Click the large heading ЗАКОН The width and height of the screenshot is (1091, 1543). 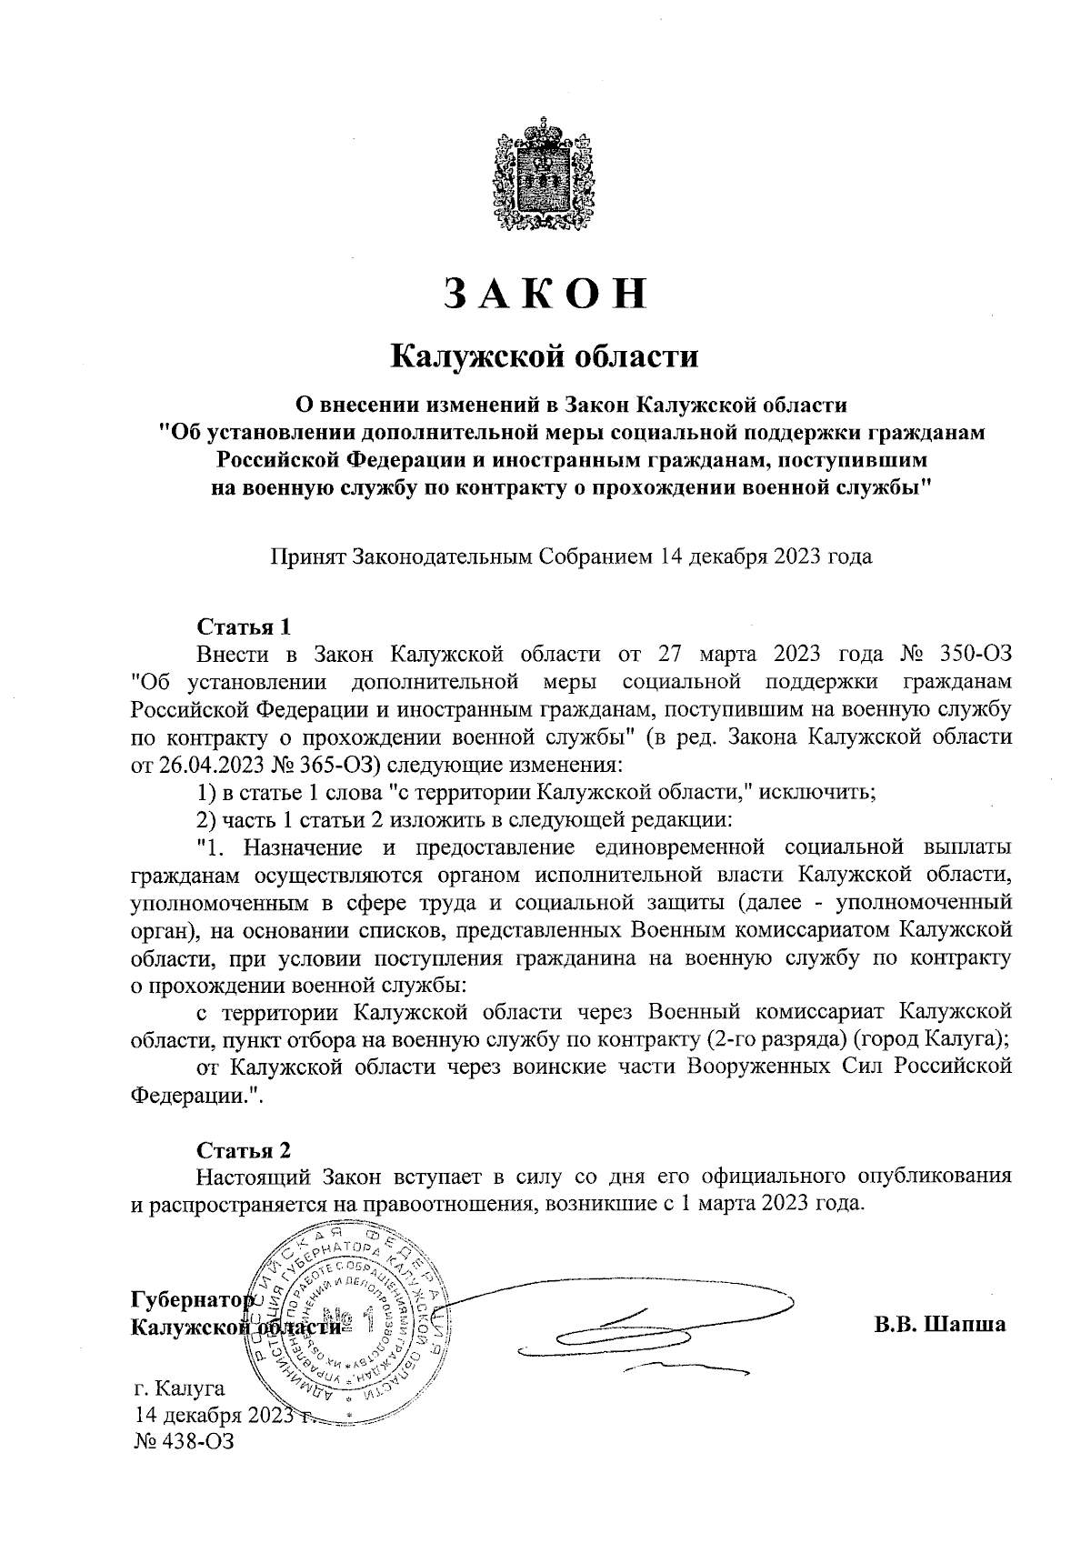tap(545, 294)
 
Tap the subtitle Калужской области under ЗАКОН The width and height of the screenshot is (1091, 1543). tap(545, 356)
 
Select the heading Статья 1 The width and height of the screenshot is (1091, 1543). tap(245, 627)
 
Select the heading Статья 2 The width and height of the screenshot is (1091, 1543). tap(245, 1150)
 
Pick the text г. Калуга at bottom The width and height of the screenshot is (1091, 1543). tap(179, 1389)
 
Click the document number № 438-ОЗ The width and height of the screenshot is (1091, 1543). tap(183, 1442)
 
